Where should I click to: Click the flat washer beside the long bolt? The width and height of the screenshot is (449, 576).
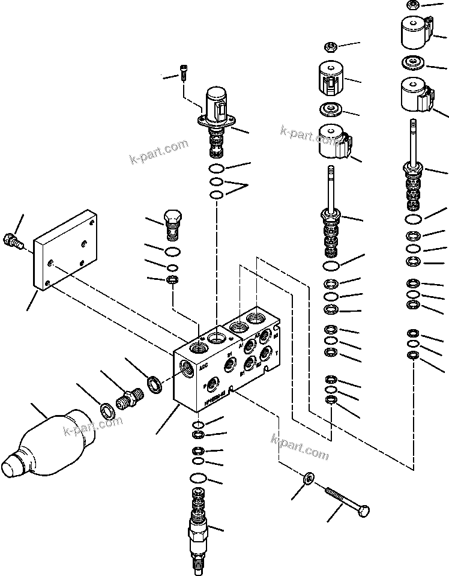308,478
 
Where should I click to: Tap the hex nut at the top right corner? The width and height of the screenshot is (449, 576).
413,5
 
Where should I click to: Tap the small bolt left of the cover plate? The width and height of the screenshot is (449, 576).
13,240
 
